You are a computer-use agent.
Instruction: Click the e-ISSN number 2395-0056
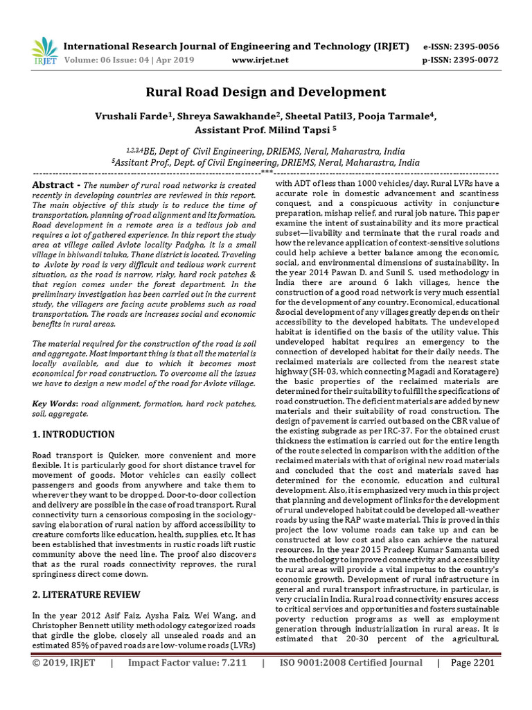[474, 47]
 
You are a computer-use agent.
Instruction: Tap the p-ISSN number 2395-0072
[474, 60]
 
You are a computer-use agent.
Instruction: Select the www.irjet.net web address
[260, 60]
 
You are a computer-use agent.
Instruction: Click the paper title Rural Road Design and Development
[265, 92]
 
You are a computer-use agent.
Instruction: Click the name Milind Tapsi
[291, 130]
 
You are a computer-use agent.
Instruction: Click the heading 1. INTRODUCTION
[74, 434]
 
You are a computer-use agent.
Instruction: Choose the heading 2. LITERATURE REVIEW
[87, 594]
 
